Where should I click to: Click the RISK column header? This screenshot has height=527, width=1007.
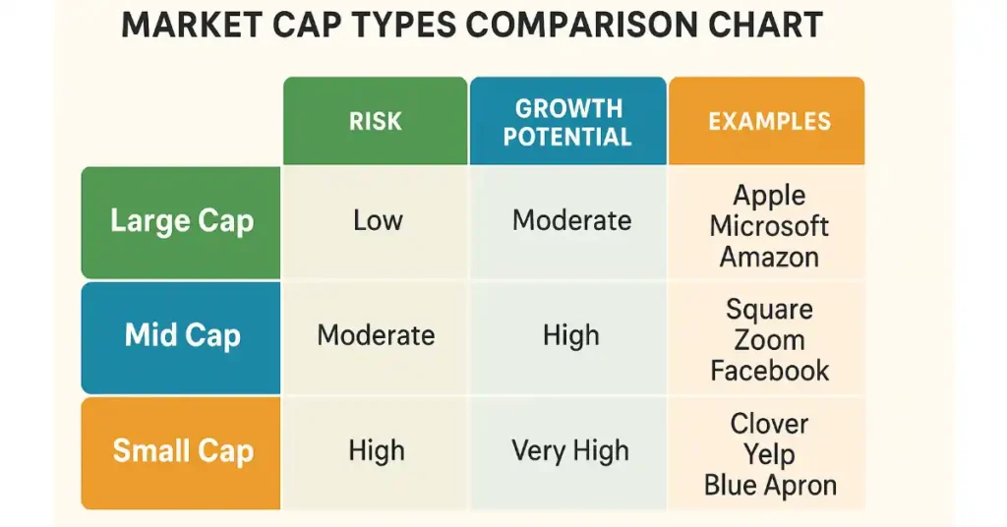[x=375, y=121]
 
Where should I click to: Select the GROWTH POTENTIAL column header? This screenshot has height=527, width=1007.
[x=567, y=121]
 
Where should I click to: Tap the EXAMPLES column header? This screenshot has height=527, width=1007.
[x=767, y=121]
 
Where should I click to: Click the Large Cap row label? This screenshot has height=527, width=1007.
[x=181, y=223]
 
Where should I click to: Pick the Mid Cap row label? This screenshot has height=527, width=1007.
[x=181, y=337]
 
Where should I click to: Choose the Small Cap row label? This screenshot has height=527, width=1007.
[x=181, y=452]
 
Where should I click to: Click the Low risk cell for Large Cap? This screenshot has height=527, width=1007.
[x=378, y=221]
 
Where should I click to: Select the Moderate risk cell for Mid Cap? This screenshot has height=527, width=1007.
[x=376, y=335]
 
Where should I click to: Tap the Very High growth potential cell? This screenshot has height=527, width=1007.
[x=569, y=450]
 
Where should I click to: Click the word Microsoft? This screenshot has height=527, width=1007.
[x=769, y=226]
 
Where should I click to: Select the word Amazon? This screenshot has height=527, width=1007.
[x=769, y=257]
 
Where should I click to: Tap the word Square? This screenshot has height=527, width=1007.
[x=769, y=311]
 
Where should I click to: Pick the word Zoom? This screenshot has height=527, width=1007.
[x=769, y=340]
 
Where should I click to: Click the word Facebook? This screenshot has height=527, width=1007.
[x=769, y=371]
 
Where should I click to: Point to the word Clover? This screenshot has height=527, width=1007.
[x=769, y=424]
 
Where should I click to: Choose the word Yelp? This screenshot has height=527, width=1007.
[x=769, y=455]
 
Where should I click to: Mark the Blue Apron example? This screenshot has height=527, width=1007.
[x=770, y=486]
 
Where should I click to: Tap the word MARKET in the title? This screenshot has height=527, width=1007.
[x=192, y=26]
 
